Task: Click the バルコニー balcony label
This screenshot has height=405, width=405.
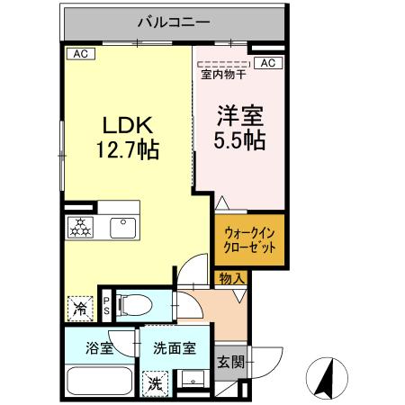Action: tap(173, 21)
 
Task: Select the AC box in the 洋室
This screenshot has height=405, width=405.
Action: tap(267, 62)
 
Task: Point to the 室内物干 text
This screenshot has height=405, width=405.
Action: tap(223, 76)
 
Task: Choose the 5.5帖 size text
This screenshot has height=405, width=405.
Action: tap(238, 141)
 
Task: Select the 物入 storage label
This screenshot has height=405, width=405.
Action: tap(232, 279)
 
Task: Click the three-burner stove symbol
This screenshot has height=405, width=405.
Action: tap(81, 229)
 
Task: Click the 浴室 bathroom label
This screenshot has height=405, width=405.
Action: tap(99, 345)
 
